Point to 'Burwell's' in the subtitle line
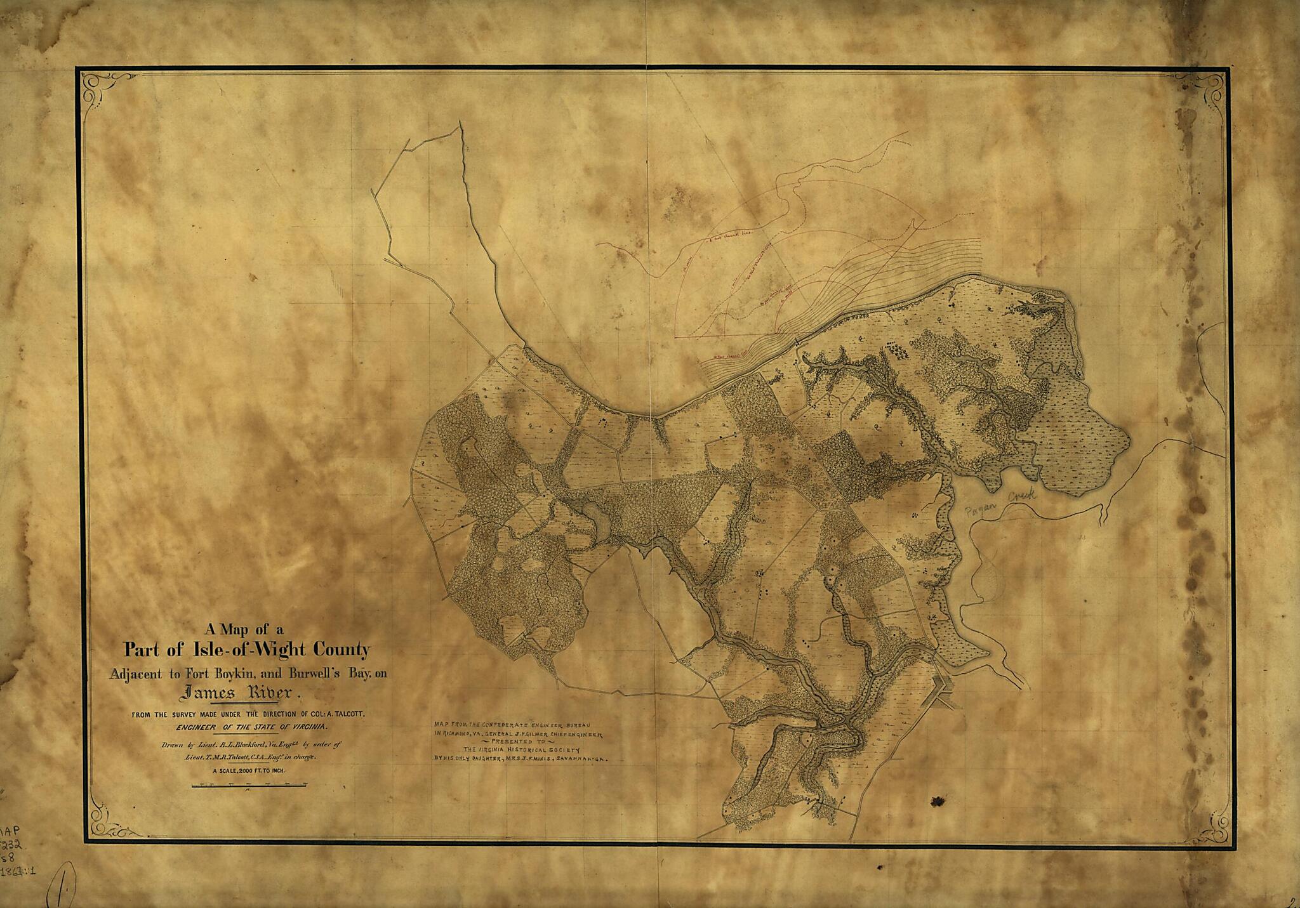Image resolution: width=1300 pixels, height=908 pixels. coord(315,674)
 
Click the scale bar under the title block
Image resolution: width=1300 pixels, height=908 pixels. coord(249,786)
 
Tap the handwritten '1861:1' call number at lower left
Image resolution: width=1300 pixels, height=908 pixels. coord(18,872)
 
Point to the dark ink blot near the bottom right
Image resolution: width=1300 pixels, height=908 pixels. coord(937,802)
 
